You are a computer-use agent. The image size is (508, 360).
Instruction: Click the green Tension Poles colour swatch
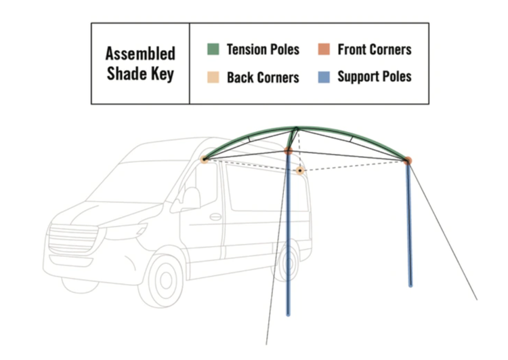coord(213,49)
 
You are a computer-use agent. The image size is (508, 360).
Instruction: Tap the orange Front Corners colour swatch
coord(324,49)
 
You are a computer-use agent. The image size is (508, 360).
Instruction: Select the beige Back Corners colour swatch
coord(213,77)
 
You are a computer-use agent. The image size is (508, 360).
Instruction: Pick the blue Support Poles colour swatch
coord(324,77)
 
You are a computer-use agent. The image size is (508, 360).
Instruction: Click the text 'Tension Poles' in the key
coord(263,49)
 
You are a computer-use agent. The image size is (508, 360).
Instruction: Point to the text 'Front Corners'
coord(374,49)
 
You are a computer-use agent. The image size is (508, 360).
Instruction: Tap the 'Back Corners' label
coord(263,77)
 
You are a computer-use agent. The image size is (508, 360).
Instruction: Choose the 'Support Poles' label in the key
coord(374,77)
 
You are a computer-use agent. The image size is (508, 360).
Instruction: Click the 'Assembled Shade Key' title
coord(140,64)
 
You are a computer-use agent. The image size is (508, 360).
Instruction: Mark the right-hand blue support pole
coord(410,224)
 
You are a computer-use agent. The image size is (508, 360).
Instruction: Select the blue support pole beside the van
coord(289,237)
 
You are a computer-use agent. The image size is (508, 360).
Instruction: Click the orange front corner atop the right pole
coord(408,161)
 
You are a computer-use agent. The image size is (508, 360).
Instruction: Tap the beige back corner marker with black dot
coord(299,170)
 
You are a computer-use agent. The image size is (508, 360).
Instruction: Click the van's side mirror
coord(190,198)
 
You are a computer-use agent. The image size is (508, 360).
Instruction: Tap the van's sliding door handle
coord(215,217)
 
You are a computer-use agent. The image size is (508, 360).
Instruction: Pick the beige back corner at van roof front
coord(204,159)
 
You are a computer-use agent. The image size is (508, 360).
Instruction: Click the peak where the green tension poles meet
coord(296,128)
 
